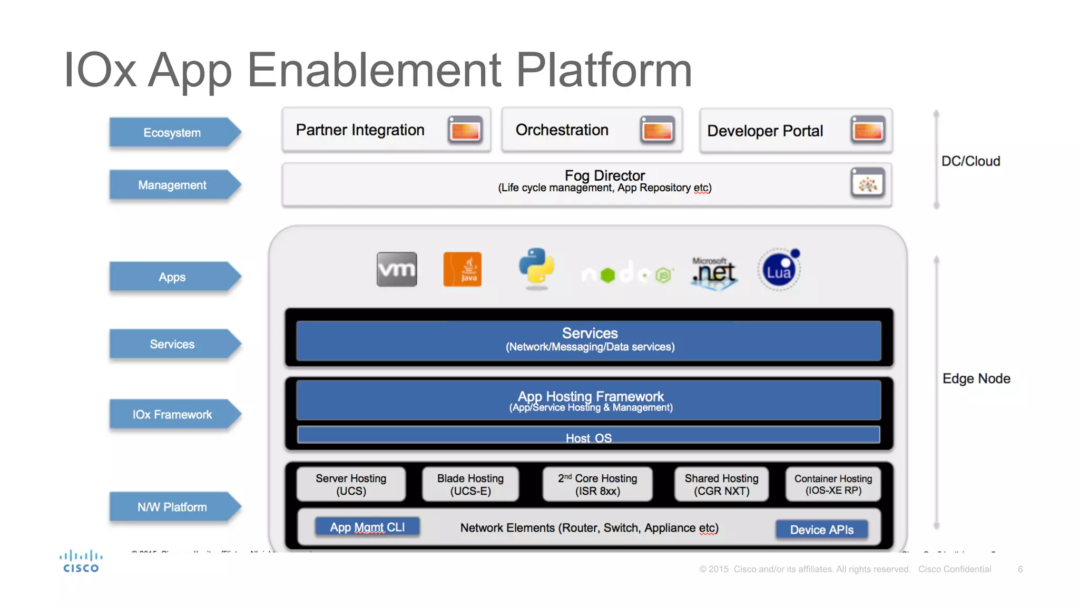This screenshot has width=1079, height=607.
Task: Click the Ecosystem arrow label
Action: [x=172, y=132]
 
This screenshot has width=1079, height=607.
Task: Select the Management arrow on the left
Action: [x=172, y=185]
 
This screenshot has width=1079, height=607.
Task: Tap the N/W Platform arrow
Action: [x=172, y=507]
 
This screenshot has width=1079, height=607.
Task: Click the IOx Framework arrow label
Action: [x=172, y=415]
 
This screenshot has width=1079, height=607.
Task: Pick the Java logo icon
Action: [x=462, y=269]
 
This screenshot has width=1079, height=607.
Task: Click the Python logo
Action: [x=536, y=268]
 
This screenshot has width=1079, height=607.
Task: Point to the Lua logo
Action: [x=779, y=270]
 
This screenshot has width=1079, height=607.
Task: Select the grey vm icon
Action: [x=397, y=269]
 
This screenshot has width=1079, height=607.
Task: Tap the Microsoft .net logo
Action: [x=714, y=272]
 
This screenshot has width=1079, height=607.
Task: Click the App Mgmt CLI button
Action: [x=367, y=527]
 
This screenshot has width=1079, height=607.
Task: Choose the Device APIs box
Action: [x=821, y=530]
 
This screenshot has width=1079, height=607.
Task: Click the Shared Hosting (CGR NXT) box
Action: [x=721, y=484]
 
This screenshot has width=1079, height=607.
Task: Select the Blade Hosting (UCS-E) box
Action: [x=470, y=484]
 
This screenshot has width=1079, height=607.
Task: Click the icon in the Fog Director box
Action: [x=867, y=183]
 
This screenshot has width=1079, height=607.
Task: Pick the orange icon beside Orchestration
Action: [x=657, y=130]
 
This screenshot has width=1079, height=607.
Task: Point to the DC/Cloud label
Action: [x=970, y=161]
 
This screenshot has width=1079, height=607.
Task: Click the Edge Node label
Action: [x=976, y=378]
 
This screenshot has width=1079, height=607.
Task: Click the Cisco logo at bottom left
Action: [x=81, y=562]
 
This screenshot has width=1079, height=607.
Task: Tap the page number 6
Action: [x=1020, y=569]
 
